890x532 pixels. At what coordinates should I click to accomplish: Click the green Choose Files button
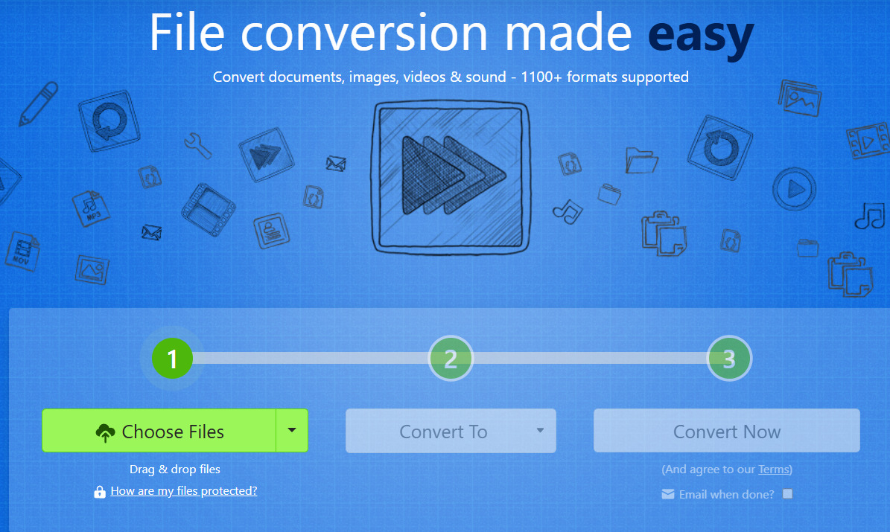[x=159, y=431]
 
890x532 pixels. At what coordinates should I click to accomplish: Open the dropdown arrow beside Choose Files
[x=292, y=431]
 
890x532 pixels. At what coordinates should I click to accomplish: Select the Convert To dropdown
[x=451, y=431]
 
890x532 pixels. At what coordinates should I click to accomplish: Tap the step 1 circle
[x=172, y=359]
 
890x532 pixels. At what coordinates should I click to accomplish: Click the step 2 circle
[x=451, y=359]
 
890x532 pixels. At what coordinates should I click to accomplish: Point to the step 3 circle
[x=729, y=359]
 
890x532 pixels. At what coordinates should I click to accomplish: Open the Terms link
[x=774, y=469]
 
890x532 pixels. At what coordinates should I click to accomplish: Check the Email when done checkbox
[x=787, y=494]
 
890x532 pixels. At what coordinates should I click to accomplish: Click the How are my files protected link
[x=184, y=491]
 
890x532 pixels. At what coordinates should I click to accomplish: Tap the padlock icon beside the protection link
[x=100, y=492]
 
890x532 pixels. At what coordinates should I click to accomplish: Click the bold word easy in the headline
[x=701, y=34]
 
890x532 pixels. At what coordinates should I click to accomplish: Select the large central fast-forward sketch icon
[x=451, y=178]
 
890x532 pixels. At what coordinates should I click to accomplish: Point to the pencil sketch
[x=38, y=103]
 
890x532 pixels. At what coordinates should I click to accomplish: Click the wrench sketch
[x=197, y=146]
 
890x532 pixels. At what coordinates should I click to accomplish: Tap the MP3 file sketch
[x=91, y=209]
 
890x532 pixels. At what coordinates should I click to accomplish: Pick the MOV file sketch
[x=22, y=250]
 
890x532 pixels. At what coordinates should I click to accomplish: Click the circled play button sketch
[x=794, y=189]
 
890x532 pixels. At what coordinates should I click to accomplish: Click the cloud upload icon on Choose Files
[x=106, y=433]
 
